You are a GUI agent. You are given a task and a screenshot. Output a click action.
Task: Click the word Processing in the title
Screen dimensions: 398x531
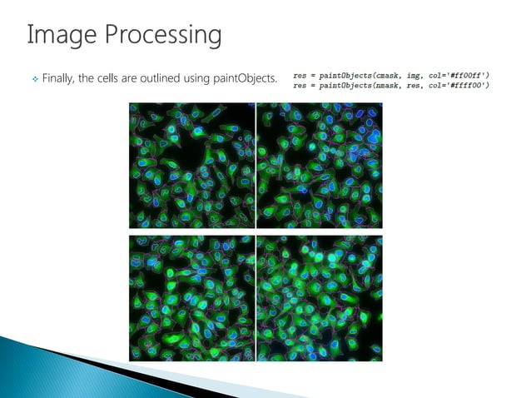click(157, 37)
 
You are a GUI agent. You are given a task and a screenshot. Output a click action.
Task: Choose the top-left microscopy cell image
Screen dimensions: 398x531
click(191, 165)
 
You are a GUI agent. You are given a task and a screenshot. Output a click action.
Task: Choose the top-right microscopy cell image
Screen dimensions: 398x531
click(320, 165)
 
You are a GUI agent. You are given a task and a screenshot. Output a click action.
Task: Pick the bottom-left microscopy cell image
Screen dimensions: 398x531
click(191, 297)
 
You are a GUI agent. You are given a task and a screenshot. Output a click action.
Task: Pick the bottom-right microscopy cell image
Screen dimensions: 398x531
click(320, 297)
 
